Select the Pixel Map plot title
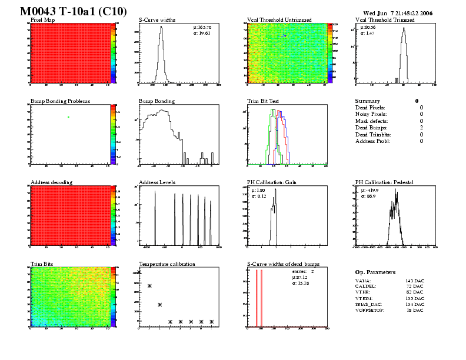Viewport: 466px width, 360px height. click(42, 20)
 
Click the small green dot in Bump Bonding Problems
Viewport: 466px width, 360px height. click(69, 117)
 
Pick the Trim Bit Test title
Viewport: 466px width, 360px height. click(262, 101)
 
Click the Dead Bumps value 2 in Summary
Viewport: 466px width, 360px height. click(421, 128)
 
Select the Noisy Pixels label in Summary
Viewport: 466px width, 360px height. click(372, 114)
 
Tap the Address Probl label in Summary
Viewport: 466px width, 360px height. click(373, 141)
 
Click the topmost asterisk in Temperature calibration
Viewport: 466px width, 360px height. click(139, 272)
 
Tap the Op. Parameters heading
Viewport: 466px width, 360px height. click(375, 272)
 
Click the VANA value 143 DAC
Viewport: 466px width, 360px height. click(414, 282)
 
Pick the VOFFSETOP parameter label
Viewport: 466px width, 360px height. click(370, 310)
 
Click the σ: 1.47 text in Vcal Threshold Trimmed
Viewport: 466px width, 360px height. click(368, 34)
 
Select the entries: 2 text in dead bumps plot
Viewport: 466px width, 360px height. click(304, 272)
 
